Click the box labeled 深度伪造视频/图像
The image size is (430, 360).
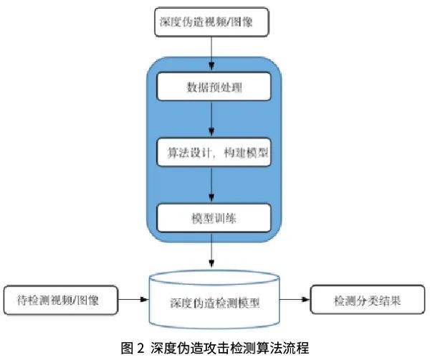[211, 22]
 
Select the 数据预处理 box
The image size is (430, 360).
[214, 87]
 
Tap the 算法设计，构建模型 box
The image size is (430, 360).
[214, 152]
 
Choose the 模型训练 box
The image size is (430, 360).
[214, 218]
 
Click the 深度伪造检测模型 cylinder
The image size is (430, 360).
[214, 300]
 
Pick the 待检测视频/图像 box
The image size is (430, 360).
[61, 300]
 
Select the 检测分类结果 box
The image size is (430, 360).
[368, 300]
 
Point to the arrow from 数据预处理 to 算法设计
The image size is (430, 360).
[211, 119]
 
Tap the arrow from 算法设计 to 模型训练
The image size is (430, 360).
[211, 184]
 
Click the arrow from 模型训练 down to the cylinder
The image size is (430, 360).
[211, 250]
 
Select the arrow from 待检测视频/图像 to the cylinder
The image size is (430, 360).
[133, 300]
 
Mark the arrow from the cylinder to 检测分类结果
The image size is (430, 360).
[295, 299]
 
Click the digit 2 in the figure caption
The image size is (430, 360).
[140, 349]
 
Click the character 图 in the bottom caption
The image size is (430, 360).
[127, 349]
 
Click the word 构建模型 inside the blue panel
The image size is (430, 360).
[246, 153]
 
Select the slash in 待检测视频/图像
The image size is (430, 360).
[75, 300]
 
